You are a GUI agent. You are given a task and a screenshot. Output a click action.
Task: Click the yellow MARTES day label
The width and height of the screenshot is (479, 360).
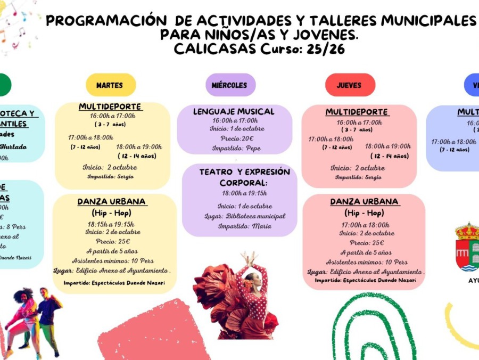pos(110,85)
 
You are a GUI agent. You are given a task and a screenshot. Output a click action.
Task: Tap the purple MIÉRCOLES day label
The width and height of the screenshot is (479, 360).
pos(229,85)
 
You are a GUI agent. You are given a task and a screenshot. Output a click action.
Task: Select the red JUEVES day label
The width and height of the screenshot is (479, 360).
pos(349,85)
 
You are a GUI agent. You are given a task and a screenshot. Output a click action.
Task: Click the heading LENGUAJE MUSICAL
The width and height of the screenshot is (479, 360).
pos(234,111)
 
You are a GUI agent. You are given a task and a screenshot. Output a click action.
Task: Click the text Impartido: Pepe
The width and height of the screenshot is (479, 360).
pos(236,148)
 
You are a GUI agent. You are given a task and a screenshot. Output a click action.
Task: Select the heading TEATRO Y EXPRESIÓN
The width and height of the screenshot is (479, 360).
pos(244,172)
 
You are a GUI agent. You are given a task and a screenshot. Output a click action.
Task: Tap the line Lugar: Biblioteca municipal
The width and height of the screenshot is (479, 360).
pos(245,216)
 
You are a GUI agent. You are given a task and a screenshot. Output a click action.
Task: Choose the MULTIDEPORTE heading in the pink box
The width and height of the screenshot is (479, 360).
pos(357,112)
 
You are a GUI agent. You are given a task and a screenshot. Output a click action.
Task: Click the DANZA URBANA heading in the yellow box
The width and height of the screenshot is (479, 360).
pos(112,202)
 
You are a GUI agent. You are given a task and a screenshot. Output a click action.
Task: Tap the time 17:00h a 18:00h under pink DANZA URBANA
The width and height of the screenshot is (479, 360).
pos(365,225)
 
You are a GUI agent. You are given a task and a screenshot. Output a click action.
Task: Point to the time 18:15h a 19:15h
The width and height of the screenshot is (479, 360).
pos(111,224)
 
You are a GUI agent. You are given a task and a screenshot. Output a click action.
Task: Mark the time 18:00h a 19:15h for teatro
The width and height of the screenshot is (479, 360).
pos(244,193)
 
